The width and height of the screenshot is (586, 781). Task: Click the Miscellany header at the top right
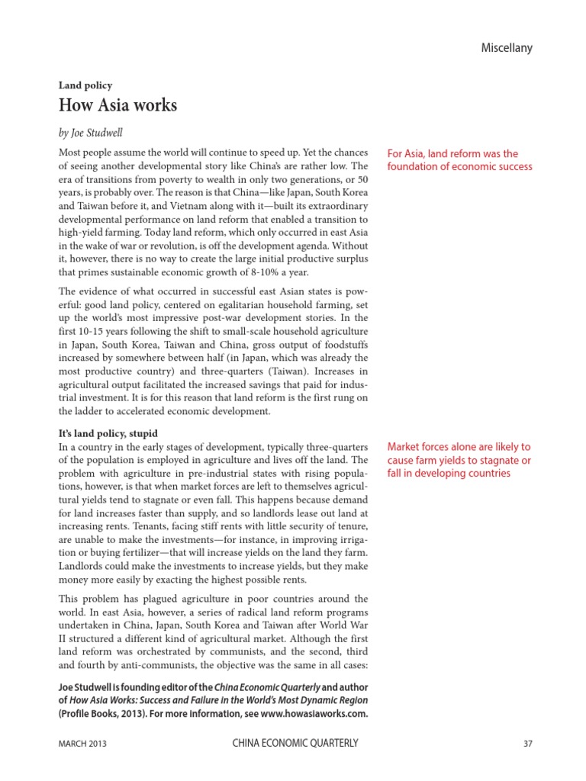(x=506, y=48)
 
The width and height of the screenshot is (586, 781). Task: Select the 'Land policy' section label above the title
(x=85, y=85)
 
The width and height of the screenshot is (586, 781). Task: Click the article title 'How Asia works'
(x=118, y=105)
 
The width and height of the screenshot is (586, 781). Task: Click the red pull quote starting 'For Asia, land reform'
(x=459, y=159)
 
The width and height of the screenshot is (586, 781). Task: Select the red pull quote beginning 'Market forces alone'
(x=459, y=460)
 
